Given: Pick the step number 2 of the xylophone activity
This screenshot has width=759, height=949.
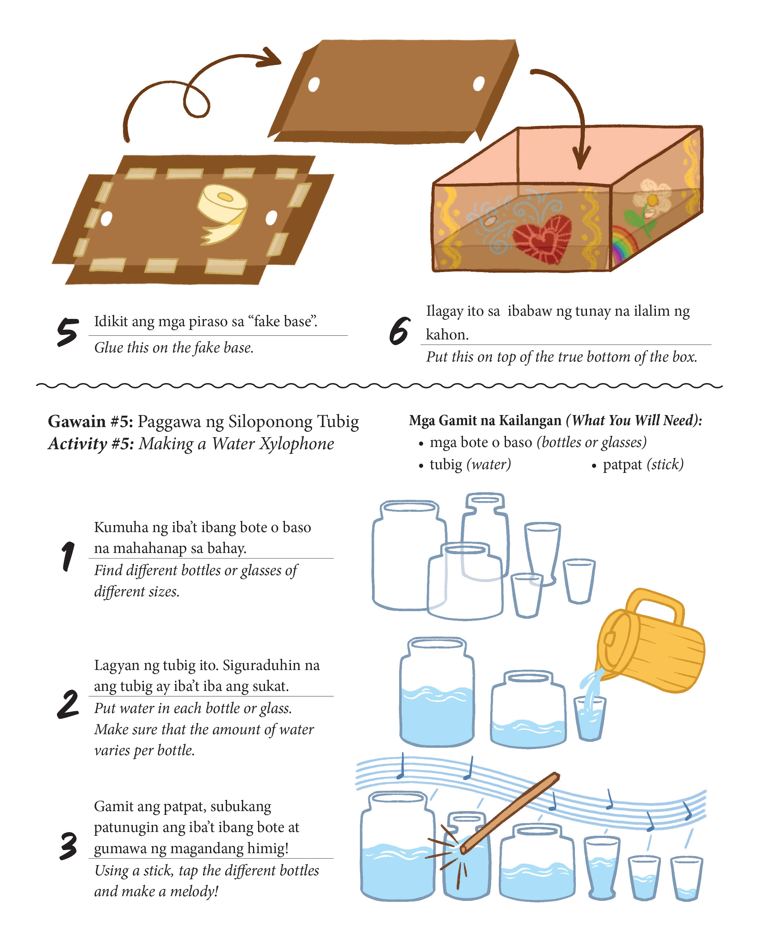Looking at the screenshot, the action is [x=68, y=704].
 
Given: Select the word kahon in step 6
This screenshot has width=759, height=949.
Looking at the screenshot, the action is [x=447, y=335].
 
